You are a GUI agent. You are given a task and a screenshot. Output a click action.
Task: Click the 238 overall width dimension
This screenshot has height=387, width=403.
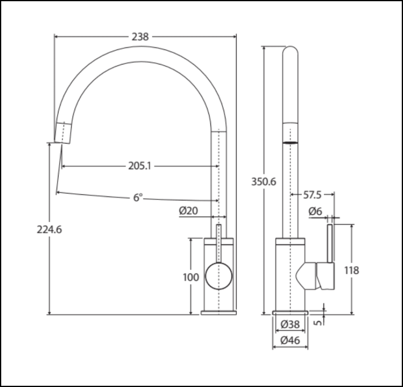tap(140, 37)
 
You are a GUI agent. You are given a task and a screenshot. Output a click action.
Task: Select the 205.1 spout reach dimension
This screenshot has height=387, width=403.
tap(139, 166)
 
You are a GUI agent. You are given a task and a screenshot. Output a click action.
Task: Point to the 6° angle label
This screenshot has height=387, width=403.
tap(138, 198)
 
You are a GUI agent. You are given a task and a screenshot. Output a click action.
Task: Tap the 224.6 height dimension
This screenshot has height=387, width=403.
tap(49, 229)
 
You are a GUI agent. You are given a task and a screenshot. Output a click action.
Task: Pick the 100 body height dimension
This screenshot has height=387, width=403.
tap(191, 277)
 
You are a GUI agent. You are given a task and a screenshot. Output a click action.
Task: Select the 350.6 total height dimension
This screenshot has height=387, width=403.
tap(264, 182)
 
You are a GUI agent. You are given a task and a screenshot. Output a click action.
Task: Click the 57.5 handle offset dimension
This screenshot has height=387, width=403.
tap(312, 195)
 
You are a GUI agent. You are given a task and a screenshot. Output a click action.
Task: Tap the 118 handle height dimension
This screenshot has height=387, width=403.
tap(351, 270)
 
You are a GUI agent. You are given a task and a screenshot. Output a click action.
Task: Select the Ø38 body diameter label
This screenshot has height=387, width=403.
tap(290, 324)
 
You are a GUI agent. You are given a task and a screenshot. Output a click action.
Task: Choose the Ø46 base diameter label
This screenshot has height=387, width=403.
tap(290, 340)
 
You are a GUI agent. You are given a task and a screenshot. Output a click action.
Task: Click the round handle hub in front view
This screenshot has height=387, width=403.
tap(219, 276)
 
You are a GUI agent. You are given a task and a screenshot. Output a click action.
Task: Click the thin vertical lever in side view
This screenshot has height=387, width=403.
tap(330, 244)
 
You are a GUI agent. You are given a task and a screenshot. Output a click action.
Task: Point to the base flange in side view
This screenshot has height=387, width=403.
tap(290, 312)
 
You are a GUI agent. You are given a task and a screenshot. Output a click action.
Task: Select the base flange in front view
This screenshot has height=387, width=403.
tap(219, 312)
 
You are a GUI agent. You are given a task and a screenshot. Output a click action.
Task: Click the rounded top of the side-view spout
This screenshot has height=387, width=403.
tap(290, 52)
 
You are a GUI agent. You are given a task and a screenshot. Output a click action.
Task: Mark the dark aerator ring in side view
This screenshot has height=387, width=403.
tap(290, 142)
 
